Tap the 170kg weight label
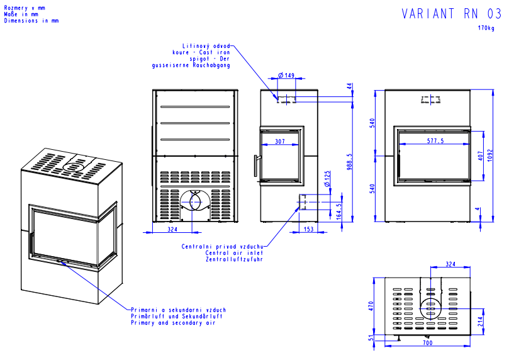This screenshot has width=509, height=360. [x=486, y=28]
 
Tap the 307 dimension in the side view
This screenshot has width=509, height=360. [x=280, y=141]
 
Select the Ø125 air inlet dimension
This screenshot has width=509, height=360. [x=327, y=179]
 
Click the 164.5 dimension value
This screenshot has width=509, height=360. [x=340, y=209]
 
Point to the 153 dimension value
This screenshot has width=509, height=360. [x=308, y=229]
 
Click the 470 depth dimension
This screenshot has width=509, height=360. [x=371, y=306]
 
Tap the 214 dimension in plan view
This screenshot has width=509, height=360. [x=480, y=322]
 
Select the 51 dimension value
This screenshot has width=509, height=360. [x=371, y=339]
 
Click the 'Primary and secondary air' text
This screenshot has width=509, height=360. [x=172, y=322]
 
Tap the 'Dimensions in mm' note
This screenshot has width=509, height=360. [x=31, y=21]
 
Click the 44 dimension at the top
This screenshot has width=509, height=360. [x=349, y=86]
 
